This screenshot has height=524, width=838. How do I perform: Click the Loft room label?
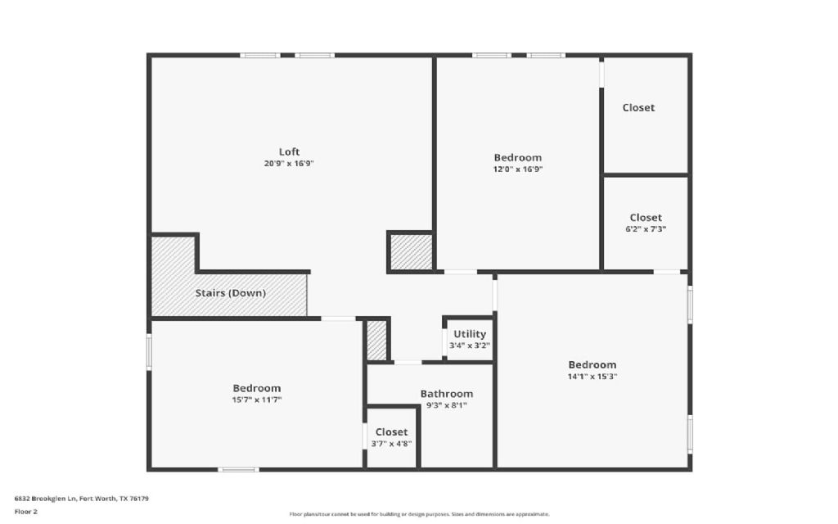pyautogui.click(x=289, y=151)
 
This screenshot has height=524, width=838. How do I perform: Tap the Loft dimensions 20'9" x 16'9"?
pyautogui.click(x=289, y=163)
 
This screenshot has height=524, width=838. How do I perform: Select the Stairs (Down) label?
pyautogui.click(x=230, y=293)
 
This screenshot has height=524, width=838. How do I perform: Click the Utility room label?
pyautogui.click(x=470, y=334)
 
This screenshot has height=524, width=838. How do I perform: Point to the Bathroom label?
pyautogui.click(x=447, y=394)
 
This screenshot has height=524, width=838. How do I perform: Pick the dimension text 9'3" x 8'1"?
pyautogui.click(x=447, y=404)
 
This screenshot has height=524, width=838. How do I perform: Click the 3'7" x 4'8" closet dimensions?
pyautogui.click(x=391, y=443)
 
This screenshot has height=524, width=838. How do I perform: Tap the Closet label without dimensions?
pyautogui.click(x=638, y=107)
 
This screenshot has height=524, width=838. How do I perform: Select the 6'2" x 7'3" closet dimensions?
pyautogui.click(x=646, y=229)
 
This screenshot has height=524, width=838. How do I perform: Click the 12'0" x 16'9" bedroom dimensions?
pyautogui.click(x=518, y=169)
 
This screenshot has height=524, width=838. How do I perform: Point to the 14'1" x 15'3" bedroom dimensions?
pyautogui.click(x=592, y=377)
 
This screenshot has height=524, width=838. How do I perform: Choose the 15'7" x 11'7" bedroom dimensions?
pyautogui.click(x=257, y=400)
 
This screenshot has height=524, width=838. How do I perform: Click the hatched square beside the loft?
pyautogui.click(x=411, y=251)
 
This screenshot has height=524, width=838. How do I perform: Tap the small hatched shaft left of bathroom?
pyautogui.click(x=376, y=340)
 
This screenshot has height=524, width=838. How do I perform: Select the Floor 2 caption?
pyautogui.click(x=26, y=512)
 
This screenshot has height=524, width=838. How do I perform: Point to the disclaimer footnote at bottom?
pyautogui.click(x=419, y=514)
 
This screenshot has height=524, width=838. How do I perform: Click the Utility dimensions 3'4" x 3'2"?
pyautogui.click(x=470, y=346)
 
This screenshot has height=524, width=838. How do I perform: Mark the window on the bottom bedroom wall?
pyautogui.click(x=238, y=469)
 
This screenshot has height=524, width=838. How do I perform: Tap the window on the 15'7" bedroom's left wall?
pyautogui.click(x=149, y=352)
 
